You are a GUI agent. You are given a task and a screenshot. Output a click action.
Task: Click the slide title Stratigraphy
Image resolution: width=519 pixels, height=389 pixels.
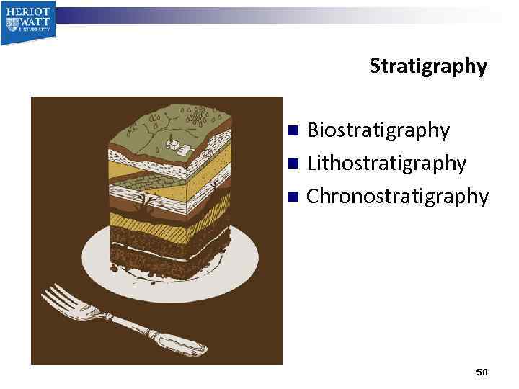428,66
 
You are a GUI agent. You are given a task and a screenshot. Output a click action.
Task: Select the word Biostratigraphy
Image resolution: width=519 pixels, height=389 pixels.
378,130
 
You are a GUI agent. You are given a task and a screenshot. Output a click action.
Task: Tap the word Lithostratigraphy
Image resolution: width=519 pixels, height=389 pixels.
386,164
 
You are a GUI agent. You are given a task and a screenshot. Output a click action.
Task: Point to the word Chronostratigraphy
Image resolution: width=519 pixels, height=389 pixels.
397,196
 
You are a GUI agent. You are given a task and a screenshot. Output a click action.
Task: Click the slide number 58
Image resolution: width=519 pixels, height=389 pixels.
482,372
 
